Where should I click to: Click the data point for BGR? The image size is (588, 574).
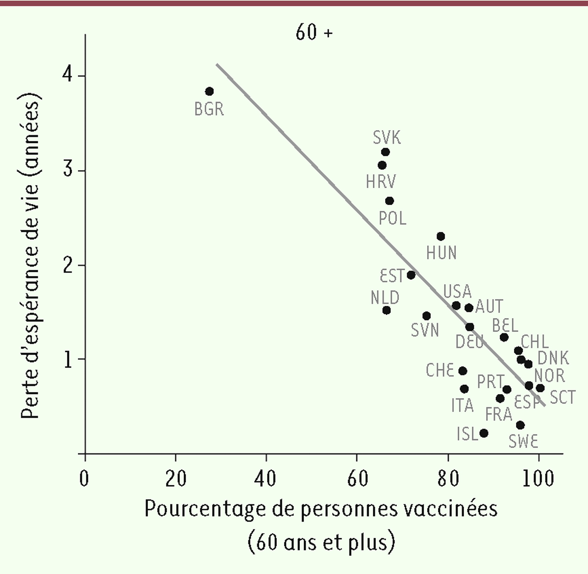pos(209,91)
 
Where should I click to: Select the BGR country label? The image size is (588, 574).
pos(209,109)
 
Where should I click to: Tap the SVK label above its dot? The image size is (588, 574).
pos(387,138)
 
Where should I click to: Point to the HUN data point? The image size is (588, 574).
pos(441,236)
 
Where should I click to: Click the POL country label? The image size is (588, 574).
pos(393,218)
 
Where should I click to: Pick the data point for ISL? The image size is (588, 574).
pos(484,433)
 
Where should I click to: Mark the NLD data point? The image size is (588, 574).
pos(386,310)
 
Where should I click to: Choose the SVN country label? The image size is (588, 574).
pos(425,330)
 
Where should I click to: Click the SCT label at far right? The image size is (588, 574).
pos(562,397)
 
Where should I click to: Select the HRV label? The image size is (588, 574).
pos(381,182)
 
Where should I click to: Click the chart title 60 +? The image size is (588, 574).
pos(314,33)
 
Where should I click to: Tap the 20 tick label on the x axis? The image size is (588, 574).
pos(175,478)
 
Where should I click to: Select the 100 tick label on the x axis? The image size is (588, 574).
pos(538,478)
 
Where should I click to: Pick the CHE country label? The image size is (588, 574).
pos(440,371)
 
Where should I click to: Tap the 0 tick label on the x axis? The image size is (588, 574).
pos(85,478)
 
